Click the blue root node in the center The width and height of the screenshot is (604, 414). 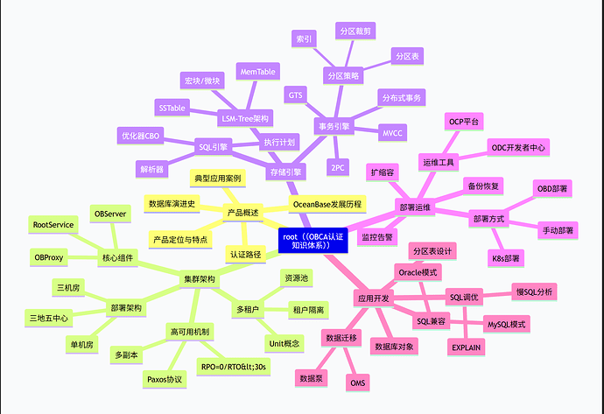click(x=313, y=241)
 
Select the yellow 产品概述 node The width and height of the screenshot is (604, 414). click(x=243, y=213)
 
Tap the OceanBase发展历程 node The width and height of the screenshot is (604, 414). click(x=327, y=204)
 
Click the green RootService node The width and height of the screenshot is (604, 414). click(x=53, y=225)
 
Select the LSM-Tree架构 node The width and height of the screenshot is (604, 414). click(x=244, y=116)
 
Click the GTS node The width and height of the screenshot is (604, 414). click(x=296, y=93)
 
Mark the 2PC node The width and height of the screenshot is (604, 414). click(x=337, y=166)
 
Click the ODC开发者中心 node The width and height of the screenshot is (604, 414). click(x=518, y=148)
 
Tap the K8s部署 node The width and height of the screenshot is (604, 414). click(x=505, y=258)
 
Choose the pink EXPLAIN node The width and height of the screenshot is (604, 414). click(x=467, y=347)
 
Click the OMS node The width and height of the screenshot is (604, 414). click(x=358, y=383)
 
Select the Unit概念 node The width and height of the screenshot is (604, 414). click(x=284, y=343)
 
